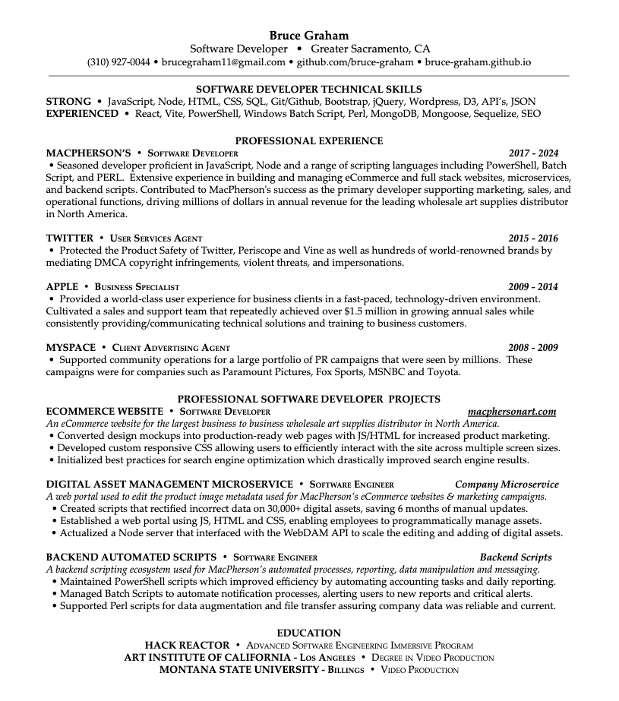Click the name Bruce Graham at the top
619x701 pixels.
pos(309,35)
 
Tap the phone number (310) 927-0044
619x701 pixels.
pos(118,62)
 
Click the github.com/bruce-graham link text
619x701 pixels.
pos(355,62)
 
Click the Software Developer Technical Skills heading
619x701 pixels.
pos(309,89)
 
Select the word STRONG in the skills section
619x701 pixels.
pos(68,101)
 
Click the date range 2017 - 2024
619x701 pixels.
pos(533,153)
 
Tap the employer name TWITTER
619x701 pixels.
pos(70,238)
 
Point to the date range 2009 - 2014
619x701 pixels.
pos(533,287)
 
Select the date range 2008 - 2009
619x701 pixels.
pos(533,348)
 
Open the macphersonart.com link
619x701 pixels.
pos(512,412)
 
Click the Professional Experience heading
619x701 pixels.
pos(309,141)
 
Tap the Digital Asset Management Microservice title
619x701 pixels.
pos(169,484)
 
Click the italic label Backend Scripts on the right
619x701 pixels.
pos(516,557)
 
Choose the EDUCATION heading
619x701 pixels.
pos(309,633)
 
